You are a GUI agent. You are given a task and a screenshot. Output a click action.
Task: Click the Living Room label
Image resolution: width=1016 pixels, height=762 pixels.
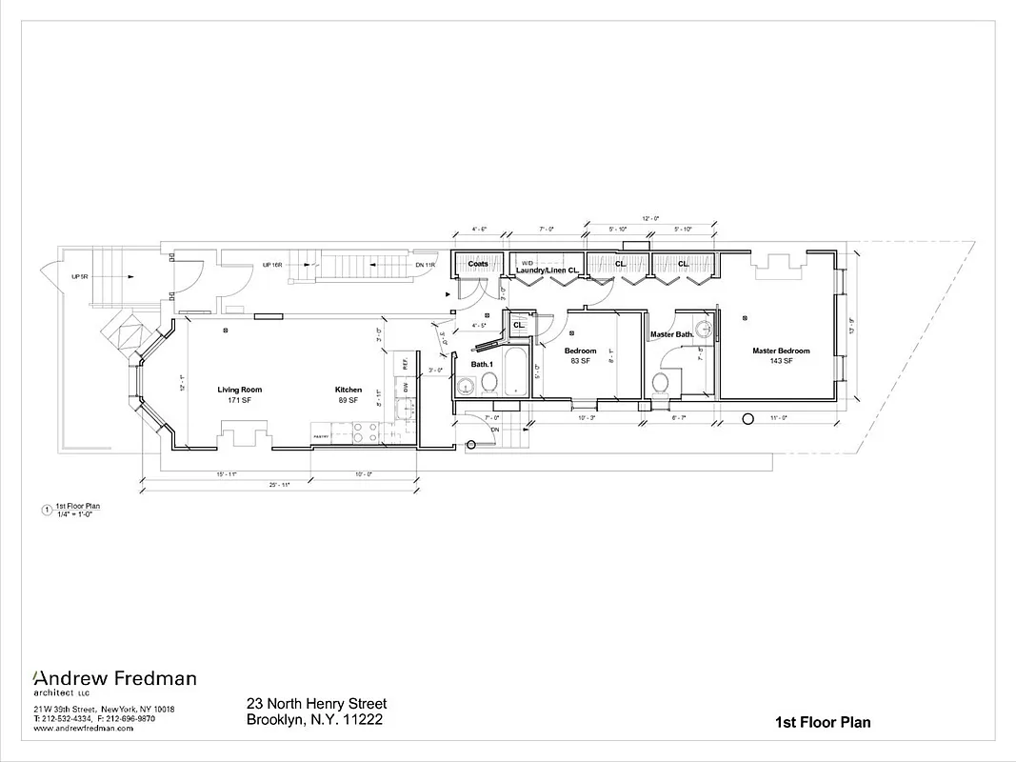point(239,390)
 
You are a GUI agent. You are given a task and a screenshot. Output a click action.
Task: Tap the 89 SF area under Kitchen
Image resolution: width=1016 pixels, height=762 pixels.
point(348,400)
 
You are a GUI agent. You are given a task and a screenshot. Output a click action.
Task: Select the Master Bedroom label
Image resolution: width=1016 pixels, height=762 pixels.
point(780,351)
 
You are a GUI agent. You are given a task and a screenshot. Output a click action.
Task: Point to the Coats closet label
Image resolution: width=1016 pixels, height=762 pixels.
point(478,265)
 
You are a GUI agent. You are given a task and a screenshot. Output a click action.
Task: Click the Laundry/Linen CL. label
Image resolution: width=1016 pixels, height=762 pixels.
point(548,271)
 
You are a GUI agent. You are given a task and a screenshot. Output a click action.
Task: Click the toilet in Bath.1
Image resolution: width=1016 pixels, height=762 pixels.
point(488,382)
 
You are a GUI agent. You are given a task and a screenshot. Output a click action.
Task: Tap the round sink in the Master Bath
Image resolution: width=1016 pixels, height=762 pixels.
point(705,331)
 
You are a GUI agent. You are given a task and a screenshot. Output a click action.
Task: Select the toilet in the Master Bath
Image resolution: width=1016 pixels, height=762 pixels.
point(660,383)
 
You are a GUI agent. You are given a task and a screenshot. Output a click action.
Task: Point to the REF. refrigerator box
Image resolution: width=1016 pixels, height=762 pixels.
point(404,363)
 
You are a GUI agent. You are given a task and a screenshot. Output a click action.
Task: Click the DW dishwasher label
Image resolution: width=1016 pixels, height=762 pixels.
point(405,388)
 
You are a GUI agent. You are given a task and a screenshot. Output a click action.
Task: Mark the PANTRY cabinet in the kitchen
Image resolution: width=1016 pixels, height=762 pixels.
point(322,436)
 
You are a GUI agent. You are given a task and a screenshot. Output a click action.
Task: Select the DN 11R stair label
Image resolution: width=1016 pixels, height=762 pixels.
point(425,265)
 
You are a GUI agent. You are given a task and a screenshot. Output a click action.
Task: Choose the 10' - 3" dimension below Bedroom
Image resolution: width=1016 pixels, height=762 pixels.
point(588,416)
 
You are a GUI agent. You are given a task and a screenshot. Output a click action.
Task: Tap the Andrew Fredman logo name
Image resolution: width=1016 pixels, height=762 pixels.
point(115,679)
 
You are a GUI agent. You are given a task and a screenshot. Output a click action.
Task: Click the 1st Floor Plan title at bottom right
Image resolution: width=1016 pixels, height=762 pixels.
point(823,722)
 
